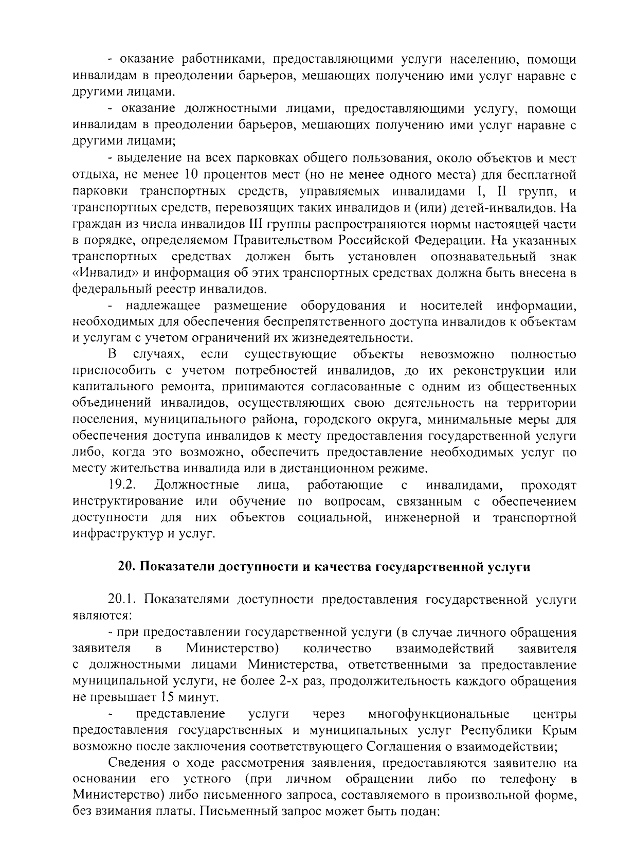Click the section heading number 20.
coord(126,567)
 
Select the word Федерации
coord(448,240)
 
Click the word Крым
coord(560,731)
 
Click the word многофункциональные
coord(439,714)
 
